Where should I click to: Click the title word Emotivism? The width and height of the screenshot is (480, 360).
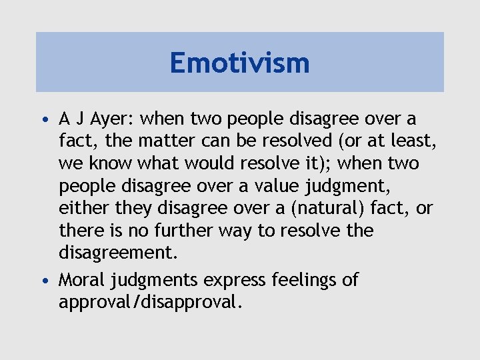[239, 63]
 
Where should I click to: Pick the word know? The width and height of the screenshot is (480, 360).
[103, 164]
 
